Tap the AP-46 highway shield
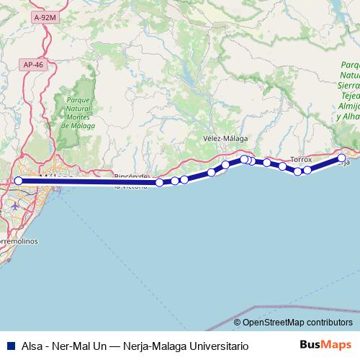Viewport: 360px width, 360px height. [x=33, y=64]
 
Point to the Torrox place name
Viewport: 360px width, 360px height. [x=301, y=158]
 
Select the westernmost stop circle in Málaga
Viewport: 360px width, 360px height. [x=19, y=182]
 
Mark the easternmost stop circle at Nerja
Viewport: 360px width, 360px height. [x=342, y=158]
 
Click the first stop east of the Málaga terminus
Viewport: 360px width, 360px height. [x=160, y=183]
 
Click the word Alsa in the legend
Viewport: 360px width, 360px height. [x=32, y=346]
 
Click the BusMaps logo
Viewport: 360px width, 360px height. [x=325, y=345]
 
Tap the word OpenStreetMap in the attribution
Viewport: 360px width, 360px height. [x=274, y=322]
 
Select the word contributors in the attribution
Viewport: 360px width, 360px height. [x=330, y=322]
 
